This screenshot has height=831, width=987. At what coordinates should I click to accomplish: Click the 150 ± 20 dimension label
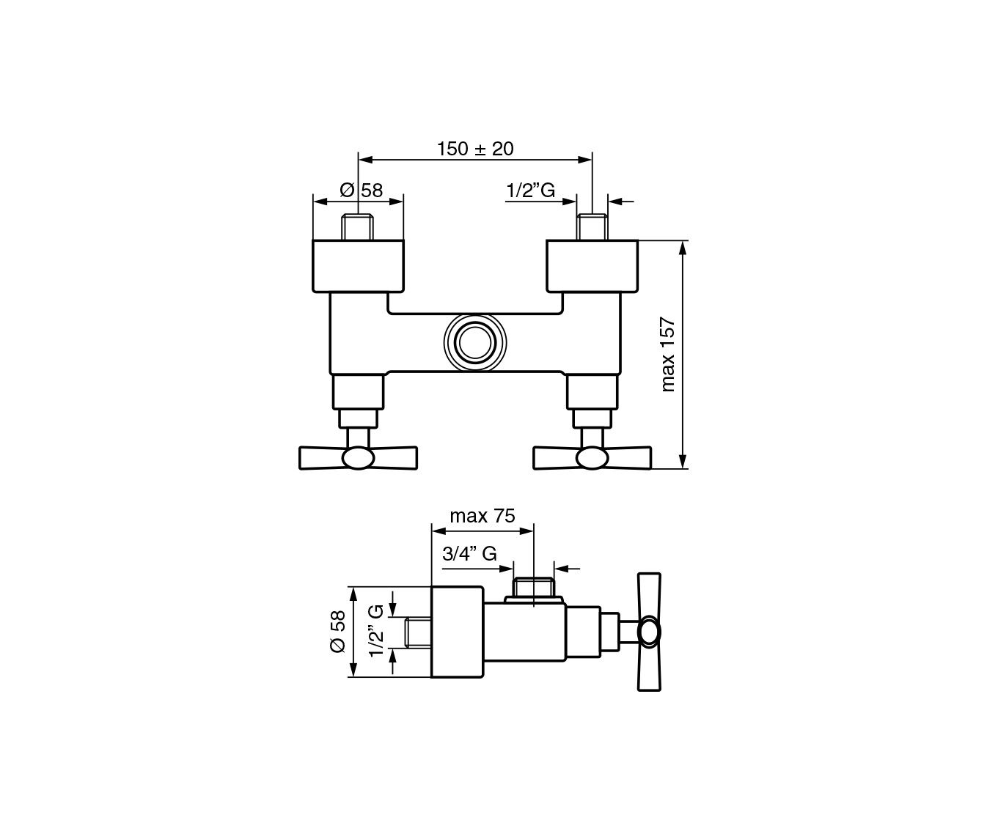point(475,149)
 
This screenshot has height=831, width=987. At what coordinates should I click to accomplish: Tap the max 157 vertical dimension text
point(668,355)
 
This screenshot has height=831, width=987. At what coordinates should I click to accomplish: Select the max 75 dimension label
point(483,516)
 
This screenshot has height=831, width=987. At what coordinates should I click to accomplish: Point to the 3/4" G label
point(469,554)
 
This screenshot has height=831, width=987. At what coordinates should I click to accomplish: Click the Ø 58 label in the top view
point(362,191)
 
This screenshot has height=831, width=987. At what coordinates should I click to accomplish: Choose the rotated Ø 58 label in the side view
point(338,632)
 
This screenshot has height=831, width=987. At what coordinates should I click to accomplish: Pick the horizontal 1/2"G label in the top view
point(530,191)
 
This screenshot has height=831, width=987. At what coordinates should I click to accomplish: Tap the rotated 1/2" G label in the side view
point(376,631)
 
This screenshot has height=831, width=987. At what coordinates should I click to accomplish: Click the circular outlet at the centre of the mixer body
point(475,342)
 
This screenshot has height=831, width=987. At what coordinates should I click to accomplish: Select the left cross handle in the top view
point(359,458)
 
